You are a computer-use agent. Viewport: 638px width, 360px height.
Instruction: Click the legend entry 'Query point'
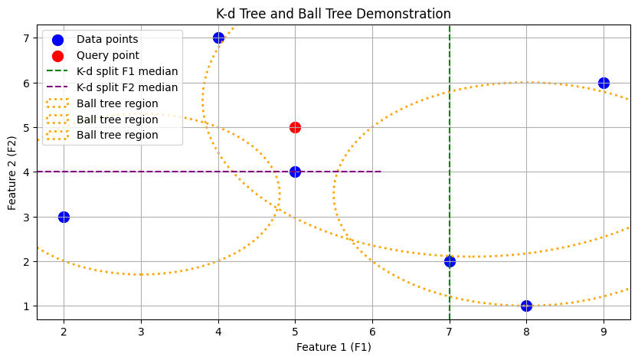point(107,55)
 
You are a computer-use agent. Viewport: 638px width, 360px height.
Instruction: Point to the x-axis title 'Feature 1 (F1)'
point(333,348)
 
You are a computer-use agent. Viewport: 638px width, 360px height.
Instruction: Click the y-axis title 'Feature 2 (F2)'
point(12,173)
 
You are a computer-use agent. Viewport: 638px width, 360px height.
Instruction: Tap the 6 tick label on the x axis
point(372,332)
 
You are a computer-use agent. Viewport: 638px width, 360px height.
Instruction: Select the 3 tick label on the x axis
point(141,332)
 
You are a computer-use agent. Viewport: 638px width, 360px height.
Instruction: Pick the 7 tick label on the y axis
point(25,38)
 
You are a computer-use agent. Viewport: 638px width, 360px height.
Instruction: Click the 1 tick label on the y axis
point(25,306)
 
